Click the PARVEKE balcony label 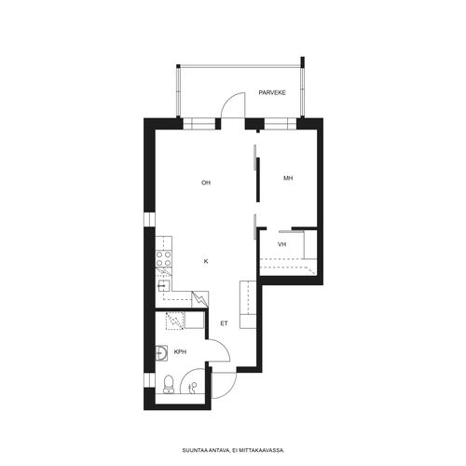[x=272, y=92]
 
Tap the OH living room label [x=206, y=183]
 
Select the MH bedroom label [x=288, y=178]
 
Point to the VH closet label [x=281, y=244]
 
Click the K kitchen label [x=206, y=262]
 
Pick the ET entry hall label [x=224, y=323]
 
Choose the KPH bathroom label [x=180, y=352]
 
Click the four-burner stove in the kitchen [x=163, y=259]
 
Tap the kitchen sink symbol [x=163, y=285]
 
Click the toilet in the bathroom [x=169, y=385]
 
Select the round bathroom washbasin [x=161, y=353]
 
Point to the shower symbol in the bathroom [x=193, y=388]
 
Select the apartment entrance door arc [x=229, y=390]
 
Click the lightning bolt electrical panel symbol [x=200, y=299]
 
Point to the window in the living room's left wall [x=149, y=219]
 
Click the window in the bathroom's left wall [x=149, y=380]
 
